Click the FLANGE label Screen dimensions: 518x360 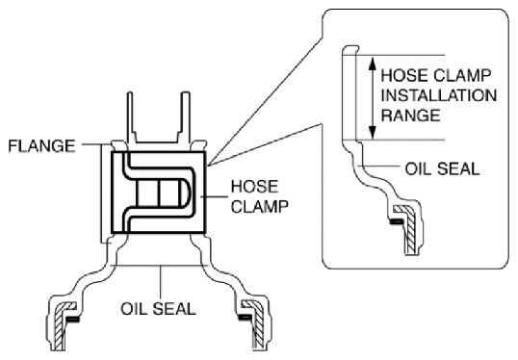coord(41,146)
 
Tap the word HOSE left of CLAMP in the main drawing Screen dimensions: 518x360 coord(254,187)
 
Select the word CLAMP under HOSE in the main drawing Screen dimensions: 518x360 coord(260,207)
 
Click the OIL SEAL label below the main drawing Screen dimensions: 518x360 coord(158,309)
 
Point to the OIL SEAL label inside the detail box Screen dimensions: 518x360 coord(442,169)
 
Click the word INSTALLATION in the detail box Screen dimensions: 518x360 coord(439,95)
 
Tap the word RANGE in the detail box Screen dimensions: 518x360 coord(410,116)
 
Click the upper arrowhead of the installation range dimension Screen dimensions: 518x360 coord(373,64)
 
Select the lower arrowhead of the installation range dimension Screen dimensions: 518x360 coord(373,132)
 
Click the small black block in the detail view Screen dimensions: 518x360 coord(397,221)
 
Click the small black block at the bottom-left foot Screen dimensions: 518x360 coord(73,319)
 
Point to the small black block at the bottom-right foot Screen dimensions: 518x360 coord(245,318)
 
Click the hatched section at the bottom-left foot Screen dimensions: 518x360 coord(61,325)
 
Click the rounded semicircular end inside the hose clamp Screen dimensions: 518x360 coord(186,193)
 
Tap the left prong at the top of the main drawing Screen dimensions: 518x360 coord(131,116)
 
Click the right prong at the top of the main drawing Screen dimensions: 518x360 coord(186,116)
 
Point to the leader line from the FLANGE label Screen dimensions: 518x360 coord(96,144)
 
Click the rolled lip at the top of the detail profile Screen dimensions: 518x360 coord(350,49)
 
